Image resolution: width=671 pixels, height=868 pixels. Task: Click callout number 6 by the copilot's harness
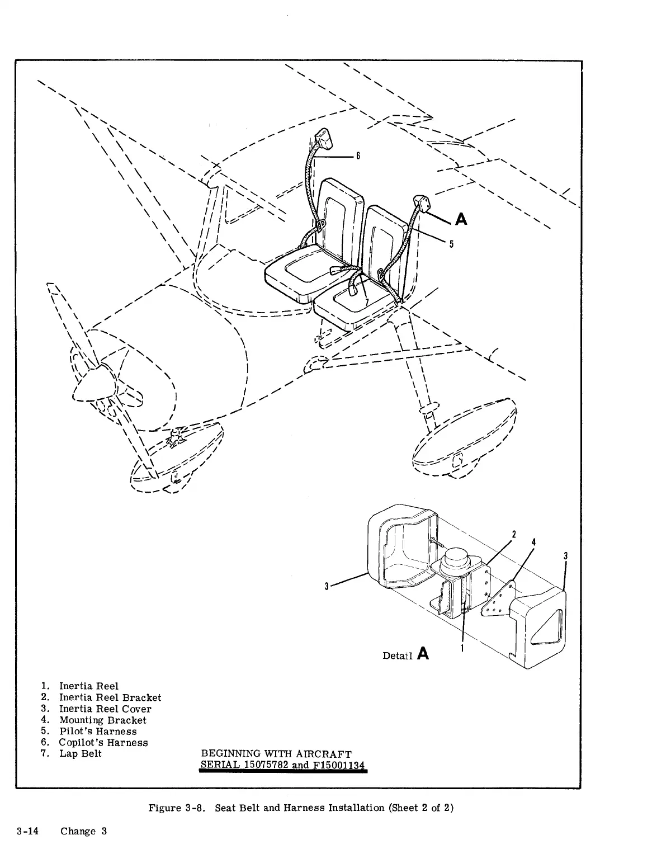coord(358,156)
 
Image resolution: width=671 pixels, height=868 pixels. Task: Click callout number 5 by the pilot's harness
coord(451,244)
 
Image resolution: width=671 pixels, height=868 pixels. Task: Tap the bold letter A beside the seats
coord(461,219)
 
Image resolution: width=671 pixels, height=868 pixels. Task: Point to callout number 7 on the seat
coord(367,303)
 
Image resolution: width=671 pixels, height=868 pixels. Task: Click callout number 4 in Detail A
coord(533,542)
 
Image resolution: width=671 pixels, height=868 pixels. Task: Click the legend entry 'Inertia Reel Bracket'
coord(110,697)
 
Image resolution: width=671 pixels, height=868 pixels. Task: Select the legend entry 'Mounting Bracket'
coord(103,720)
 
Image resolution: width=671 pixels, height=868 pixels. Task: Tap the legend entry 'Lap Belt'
coord(81,754)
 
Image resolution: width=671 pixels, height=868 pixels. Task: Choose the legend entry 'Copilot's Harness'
coord(103,743)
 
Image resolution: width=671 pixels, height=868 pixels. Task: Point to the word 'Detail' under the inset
coord(397,655)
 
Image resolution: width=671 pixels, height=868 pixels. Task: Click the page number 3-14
coord(27,831)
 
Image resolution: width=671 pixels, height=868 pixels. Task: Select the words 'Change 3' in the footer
coord(83,831)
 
